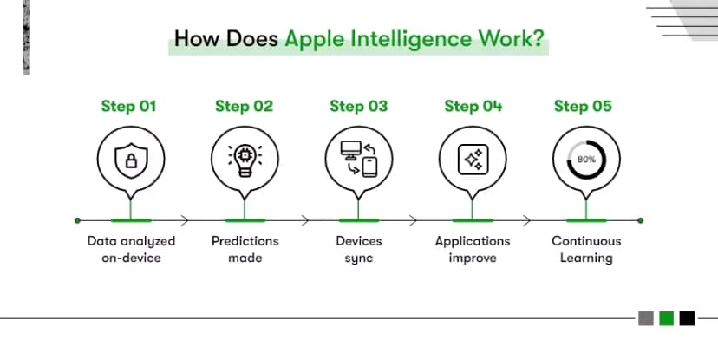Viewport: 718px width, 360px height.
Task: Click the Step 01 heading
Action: [x=129, y=107]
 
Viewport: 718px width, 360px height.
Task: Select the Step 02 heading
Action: [x=244, y=107]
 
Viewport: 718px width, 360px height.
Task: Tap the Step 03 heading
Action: [x=358, y=107]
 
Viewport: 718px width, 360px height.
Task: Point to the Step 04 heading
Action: [x=473, y=107]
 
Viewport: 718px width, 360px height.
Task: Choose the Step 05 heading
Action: [x=583, y=107]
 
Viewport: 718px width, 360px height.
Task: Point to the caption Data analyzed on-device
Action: [x=131, y=249]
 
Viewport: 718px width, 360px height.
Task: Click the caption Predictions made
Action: [x=245, y=249]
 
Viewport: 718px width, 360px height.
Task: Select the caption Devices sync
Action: [x=358, y=249]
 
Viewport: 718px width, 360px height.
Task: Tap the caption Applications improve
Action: [x=473, y=249]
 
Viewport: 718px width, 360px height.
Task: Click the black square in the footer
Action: [x=687, y=318]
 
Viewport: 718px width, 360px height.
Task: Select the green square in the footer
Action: [x=666, y=318]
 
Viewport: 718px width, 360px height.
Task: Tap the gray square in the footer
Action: [x=646, y=318]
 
